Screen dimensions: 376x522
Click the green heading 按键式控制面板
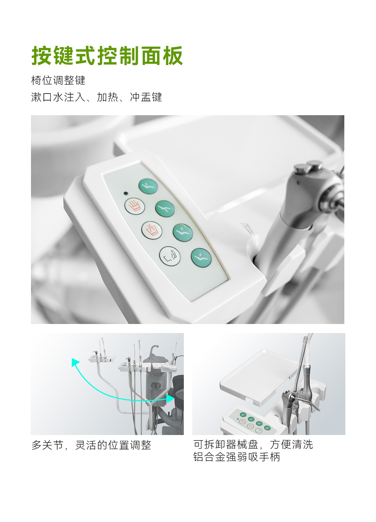(107, 56)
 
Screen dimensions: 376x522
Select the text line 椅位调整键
(58, 80)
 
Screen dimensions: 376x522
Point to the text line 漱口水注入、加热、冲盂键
(96, 97)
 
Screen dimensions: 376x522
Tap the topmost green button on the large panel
(148, 186)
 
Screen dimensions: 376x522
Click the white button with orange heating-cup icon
(135, 206)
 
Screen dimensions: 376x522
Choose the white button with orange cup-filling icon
(152, 230)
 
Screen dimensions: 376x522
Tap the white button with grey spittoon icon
(170, 256)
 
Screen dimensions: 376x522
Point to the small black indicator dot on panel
(126, 193)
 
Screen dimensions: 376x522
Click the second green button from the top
(165, 208)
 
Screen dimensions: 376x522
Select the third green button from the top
(183, 232)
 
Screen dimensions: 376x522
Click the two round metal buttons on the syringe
(308, 167)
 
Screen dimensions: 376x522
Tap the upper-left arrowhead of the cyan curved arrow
(75, 362)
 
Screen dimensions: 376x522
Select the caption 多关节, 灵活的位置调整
(91, 445)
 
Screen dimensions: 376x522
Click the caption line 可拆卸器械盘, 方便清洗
(253, 444)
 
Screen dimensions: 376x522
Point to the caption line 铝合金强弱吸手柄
(237, 457)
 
